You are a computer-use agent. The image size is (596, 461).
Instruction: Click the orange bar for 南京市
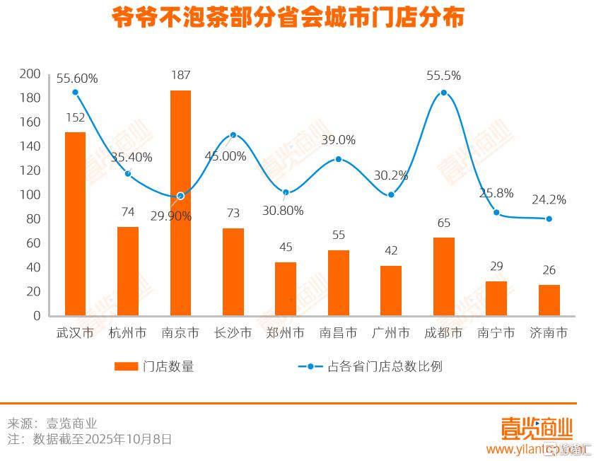(x=180, y=203)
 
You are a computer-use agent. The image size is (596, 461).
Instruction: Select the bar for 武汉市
(x=75, y=223)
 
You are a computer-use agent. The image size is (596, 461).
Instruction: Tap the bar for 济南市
(x=549, y=300)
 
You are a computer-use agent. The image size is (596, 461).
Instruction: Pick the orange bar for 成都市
(x=444, y=276)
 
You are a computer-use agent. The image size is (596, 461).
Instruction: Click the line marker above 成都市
(x=444, y=93)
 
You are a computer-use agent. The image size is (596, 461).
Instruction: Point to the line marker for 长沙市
(x=233, y=135)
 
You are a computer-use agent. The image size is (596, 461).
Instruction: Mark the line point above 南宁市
(x=496, y=213)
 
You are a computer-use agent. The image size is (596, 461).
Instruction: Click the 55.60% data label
(x=77, y=78)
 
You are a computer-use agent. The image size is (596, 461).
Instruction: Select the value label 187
(x=180, y=76)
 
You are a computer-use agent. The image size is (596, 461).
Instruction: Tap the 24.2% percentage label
(x=548, y=199)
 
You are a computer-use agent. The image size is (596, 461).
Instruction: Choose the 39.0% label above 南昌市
(x=338, y=140)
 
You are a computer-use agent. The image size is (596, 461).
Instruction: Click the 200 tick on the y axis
(x=30, y=74)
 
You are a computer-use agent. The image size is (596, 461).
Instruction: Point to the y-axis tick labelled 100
(x=30, y=194)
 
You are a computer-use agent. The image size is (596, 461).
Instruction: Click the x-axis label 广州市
(x=391, y=332)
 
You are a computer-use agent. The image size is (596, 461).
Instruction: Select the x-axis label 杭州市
(x=128, y=332)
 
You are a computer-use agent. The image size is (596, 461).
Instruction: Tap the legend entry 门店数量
(x=154, y=366)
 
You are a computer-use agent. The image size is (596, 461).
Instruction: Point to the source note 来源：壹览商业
(x=52, y=424)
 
